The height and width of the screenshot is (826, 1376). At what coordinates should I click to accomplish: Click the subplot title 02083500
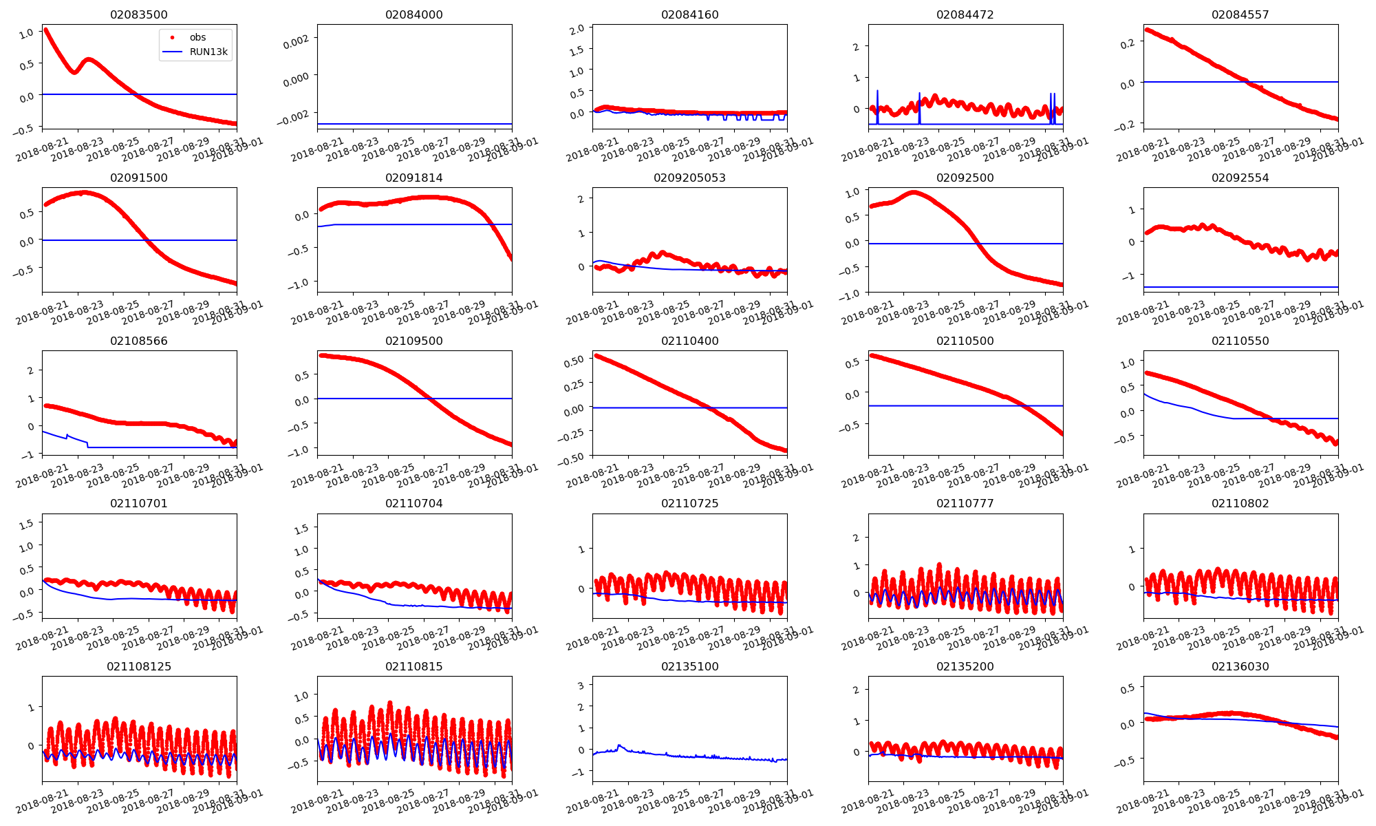(x=139, y=15)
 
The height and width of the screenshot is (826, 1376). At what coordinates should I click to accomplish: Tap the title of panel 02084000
(x=414, y=15)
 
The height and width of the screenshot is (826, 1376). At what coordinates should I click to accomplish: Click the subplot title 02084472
(x=965, y=15)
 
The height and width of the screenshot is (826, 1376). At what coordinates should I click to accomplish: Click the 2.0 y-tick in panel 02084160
(x=577, y=29)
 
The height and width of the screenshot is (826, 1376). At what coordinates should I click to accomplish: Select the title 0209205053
(x=689, y=178)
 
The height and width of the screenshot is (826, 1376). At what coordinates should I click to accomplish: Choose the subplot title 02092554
(x=1240, y=178)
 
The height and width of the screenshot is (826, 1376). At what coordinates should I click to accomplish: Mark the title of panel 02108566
(x=139, y=341)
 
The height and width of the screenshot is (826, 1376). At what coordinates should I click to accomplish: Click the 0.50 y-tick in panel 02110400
(x=574, y=360)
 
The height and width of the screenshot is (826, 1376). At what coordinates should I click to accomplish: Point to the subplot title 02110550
(x=1240, y=341)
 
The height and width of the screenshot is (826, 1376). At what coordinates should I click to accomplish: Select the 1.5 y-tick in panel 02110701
(x=26, y=525)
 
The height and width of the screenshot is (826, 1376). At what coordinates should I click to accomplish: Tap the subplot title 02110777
(x=965, y=504)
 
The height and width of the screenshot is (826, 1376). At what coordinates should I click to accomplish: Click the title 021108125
(x=139, y=667)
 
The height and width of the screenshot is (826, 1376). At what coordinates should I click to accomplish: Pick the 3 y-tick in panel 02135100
(x=581, y=686)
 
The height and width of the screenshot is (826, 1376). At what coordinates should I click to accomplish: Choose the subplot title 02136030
(x=1240, y=667)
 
